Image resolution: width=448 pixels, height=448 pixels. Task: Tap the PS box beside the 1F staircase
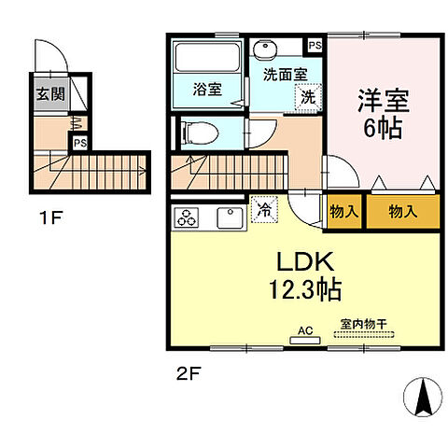(80, 144)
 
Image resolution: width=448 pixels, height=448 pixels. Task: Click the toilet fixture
(197, 133)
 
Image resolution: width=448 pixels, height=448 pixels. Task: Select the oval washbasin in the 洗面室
(266, 49)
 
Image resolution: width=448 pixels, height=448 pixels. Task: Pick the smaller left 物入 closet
(343, 212)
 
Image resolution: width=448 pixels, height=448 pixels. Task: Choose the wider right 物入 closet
(402, 212)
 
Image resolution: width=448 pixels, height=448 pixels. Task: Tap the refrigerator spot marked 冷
(265, 211)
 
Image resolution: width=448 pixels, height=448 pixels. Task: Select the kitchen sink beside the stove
(229, 218)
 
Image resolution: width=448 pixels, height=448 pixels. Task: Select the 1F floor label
(49, 220)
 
